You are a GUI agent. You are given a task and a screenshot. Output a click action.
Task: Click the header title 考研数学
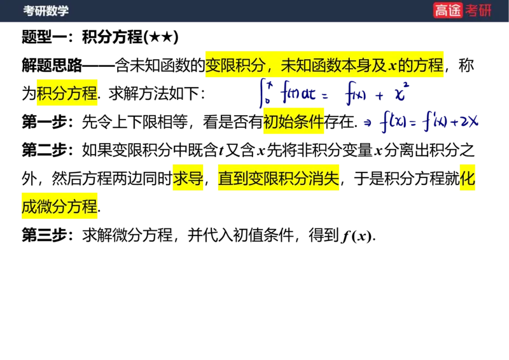point(46,11)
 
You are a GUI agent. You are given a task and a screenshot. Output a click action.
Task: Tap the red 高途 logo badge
point(448,10)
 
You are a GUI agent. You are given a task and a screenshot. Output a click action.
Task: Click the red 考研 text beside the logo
point(478,10)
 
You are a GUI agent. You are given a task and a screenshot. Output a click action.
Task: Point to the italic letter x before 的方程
point(392,66)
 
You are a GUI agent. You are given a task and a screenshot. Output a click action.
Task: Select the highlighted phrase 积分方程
point(67,94)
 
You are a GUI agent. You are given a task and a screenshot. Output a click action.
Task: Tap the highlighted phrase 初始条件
point(293,122)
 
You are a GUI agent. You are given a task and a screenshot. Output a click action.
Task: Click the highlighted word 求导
point(188,179)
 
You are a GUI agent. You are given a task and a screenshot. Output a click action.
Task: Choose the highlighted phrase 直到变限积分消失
point(278,179)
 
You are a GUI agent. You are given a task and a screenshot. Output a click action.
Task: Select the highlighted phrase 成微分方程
point(60,207)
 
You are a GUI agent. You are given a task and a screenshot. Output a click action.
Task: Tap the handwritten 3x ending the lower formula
point(470,121)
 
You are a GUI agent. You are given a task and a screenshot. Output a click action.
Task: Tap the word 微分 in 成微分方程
point(52,207)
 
